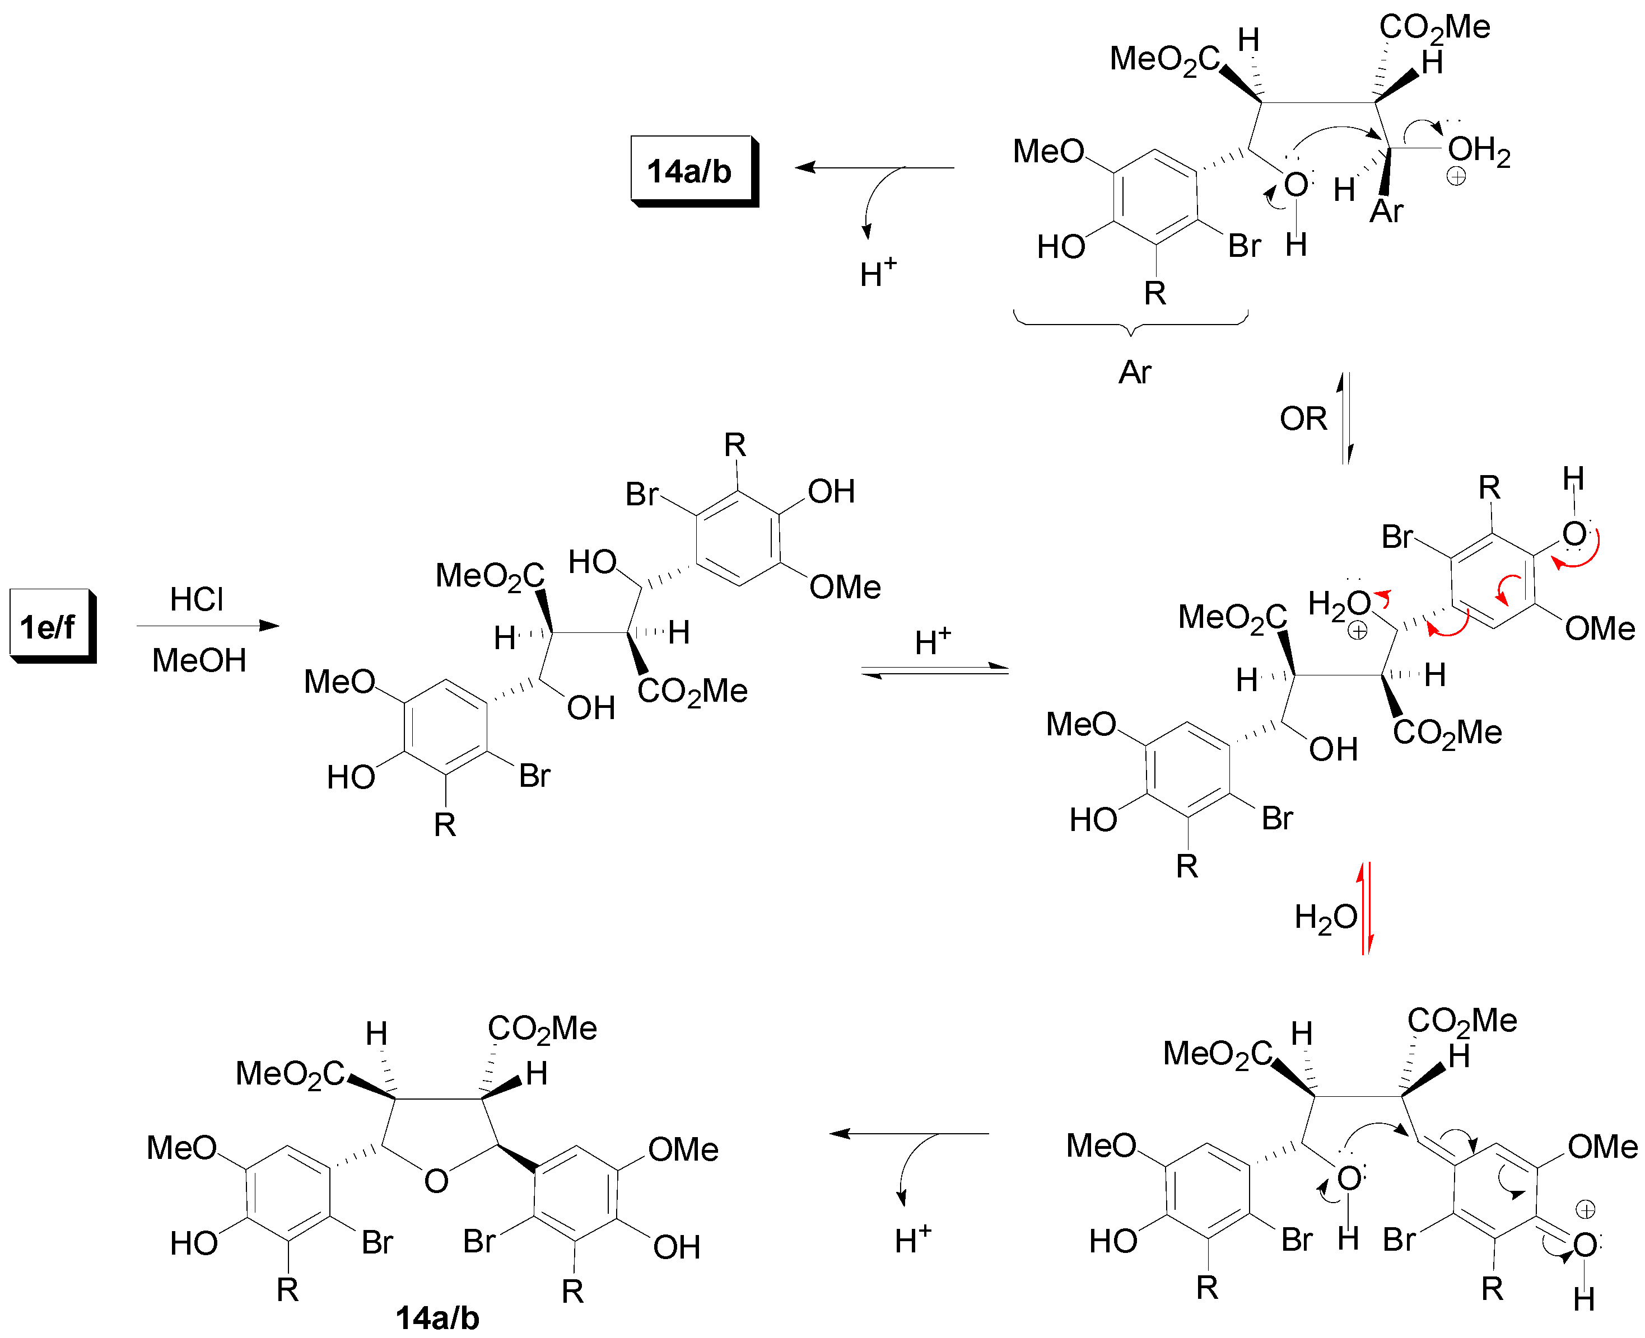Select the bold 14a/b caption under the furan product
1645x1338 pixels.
point(437,1318)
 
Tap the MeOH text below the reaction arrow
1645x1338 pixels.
point(199,660)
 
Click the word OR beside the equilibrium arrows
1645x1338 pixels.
point(1303,419)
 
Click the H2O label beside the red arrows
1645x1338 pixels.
point(1325,918)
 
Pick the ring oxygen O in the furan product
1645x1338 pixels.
point(436,1181)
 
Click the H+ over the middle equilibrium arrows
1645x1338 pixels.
point(933,642)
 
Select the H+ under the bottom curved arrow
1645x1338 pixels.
point(912,1240)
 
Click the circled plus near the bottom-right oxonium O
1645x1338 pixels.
point(1586,1209)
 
